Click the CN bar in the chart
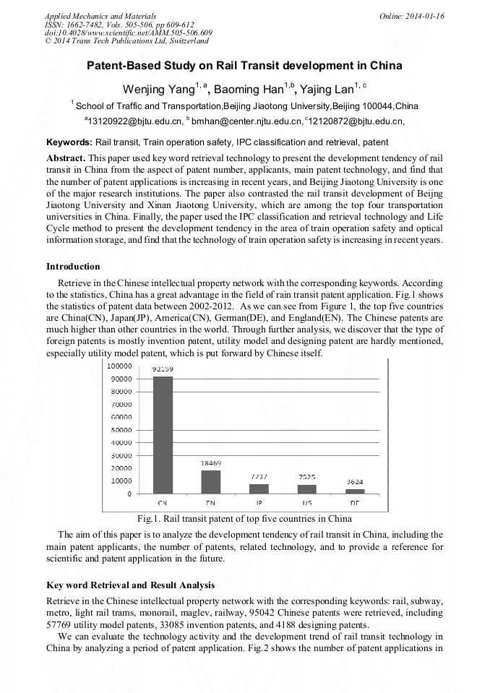(x=163, y=434)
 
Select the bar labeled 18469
(x=210, y=481)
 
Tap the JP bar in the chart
(x=259, y=488)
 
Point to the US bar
(x=306, y=488)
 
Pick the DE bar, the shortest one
(x=355, y=491)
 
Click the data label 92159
(x=163, y=369)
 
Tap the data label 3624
(x=354, y=481)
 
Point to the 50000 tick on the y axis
(x=120, y=430)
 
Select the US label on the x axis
(x=306, y=502)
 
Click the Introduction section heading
(x=73, y=267)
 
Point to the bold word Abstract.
(x=66, y=158)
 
